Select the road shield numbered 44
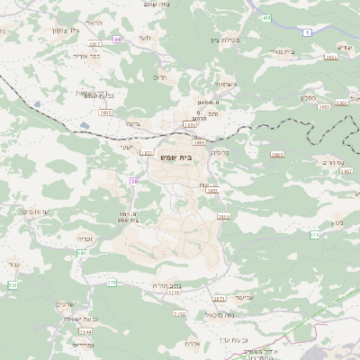(x=117, y=40)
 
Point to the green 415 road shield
(x=265, y=18)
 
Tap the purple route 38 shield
(x=134, y=181)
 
